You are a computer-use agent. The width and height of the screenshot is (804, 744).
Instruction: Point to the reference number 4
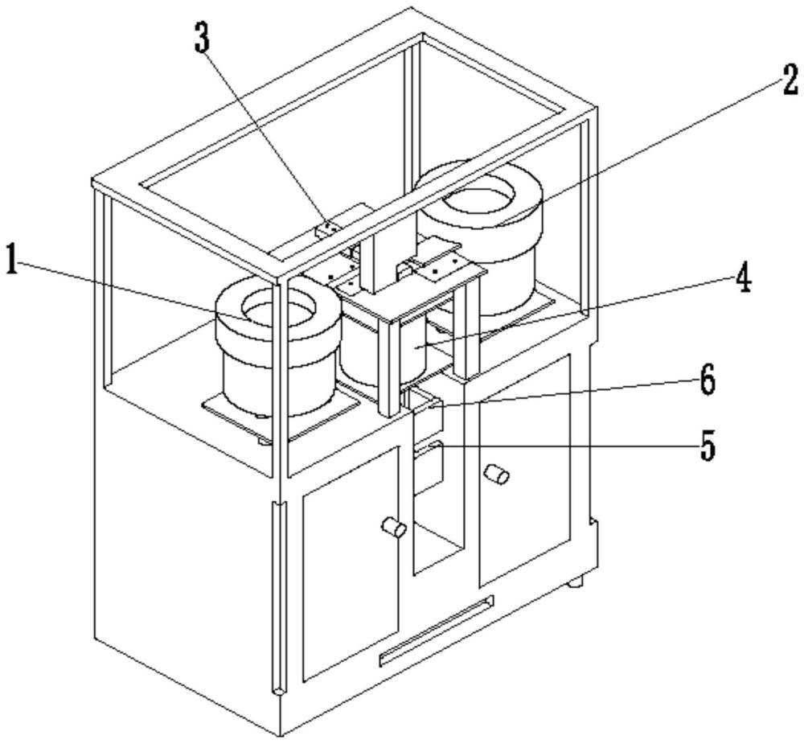pos(741,281)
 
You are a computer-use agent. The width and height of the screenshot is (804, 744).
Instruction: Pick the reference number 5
pos(707,447)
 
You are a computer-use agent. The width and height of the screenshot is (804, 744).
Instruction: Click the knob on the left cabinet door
pos(393,528)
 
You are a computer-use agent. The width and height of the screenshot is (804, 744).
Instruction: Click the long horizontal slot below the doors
pos(436,632)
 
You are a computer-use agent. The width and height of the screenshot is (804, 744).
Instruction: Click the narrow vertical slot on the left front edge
pos(277,595)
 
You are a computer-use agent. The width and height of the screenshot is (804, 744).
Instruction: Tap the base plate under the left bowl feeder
pos(241,418)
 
